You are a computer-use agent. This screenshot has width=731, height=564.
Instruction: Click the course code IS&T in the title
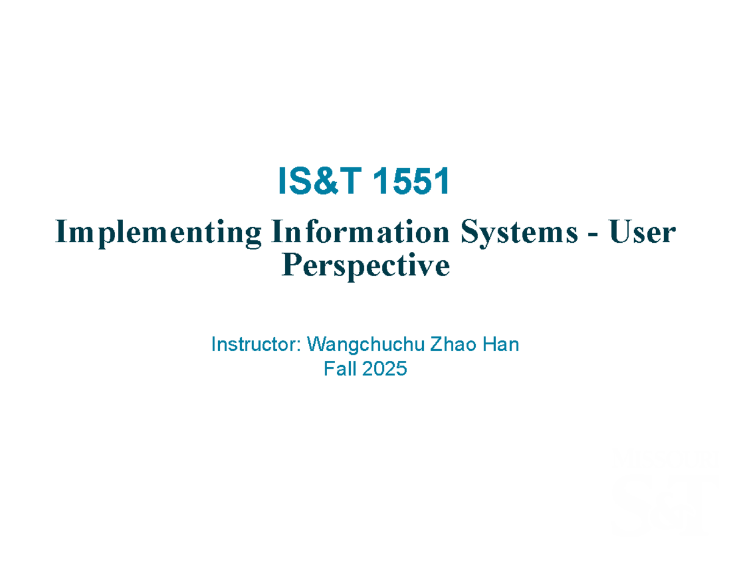320,181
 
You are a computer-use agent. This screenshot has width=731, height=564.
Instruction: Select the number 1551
411,181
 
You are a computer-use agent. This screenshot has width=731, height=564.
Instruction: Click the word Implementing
158,234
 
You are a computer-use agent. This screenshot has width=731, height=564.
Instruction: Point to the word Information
360,231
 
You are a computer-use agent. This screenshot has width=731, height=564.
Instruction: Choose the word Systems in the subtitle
520,234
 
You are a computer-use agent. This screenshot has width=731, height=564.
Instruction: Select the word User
642,231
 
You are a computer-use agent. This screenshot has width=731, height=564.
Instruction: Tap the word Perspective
365,267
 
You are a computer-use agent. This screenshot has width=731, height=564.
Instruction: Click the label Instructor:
256,344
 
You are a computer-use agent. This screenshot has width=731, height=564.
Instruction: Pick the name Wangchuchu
365,345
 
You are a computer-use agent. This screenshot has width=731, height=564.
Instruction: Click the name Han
501,344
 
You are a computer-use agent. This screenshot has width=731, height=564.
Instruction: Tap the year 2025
384,369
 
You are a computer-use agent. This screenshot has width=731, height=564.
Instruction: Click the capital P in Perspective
292,265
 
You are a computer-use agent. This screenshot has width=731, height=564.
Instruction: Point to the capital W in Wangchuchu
318,344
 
